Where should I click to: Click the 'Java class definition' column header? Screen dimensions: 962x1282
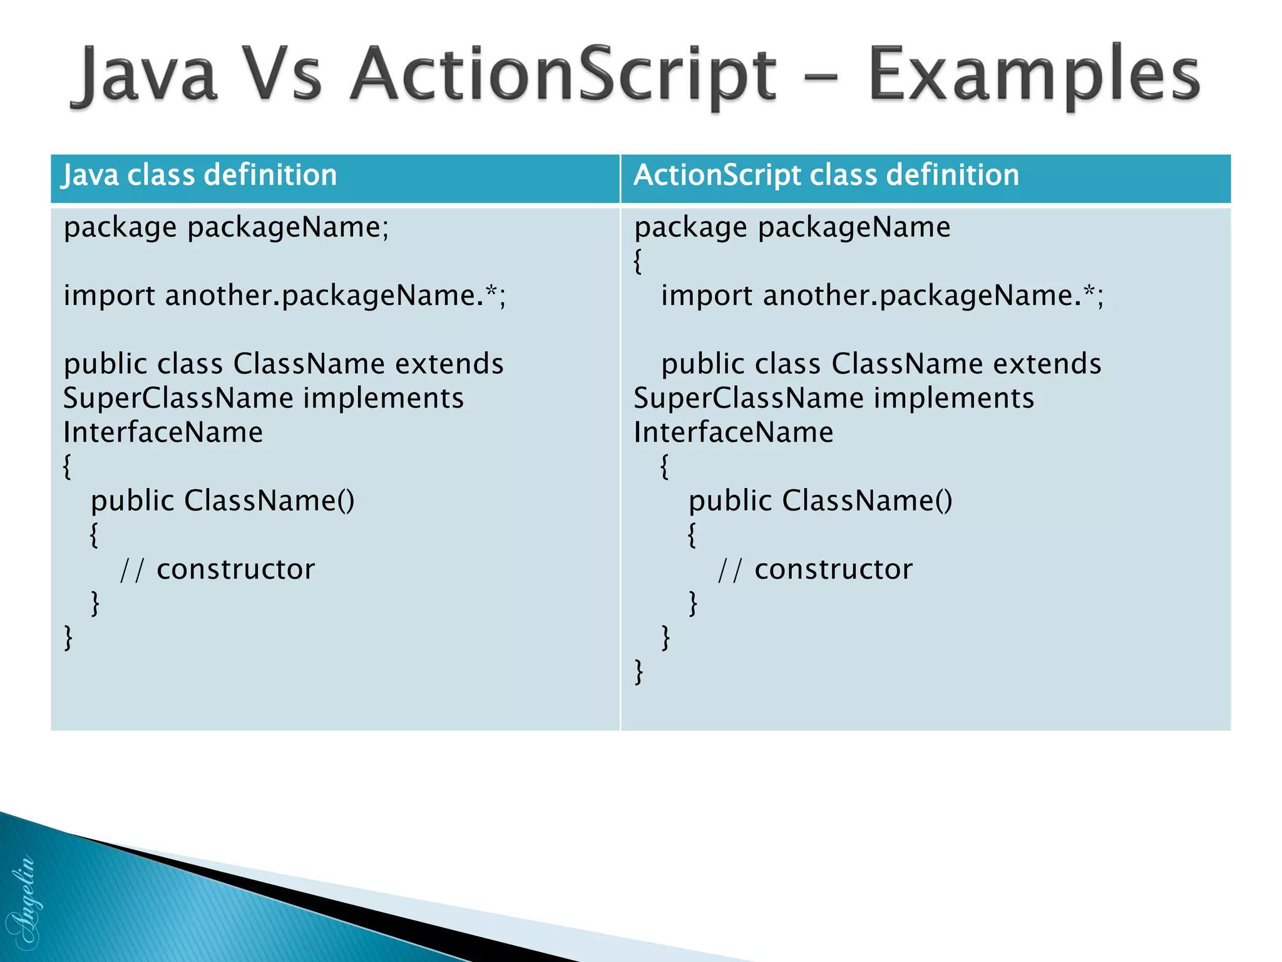tap(200, 175)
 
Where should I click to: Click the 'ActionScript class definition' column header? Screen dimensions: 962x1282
tap(826, 175)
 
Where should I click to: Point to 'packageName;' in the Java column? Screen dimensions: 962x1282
tap(288, 227)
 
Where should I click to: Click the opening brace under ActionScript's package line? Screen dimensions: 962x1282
tap(638, 261)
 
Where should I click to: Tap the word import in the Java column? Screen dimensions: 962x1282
tap(109, 296)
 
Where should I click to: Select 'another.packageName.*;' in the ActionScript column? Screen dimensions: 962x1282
tap(933, 296)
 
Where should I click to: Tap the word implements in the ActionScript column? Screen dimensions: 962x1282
tap(953, 398)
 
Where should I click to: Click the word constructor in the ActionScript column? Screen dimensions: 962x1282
tap(833, 569)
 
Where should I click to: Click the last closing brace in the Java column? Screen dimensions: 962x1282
tap(68, 638)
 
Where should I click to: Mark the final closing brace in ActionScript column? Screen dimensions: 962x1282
tap(638, 672)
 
